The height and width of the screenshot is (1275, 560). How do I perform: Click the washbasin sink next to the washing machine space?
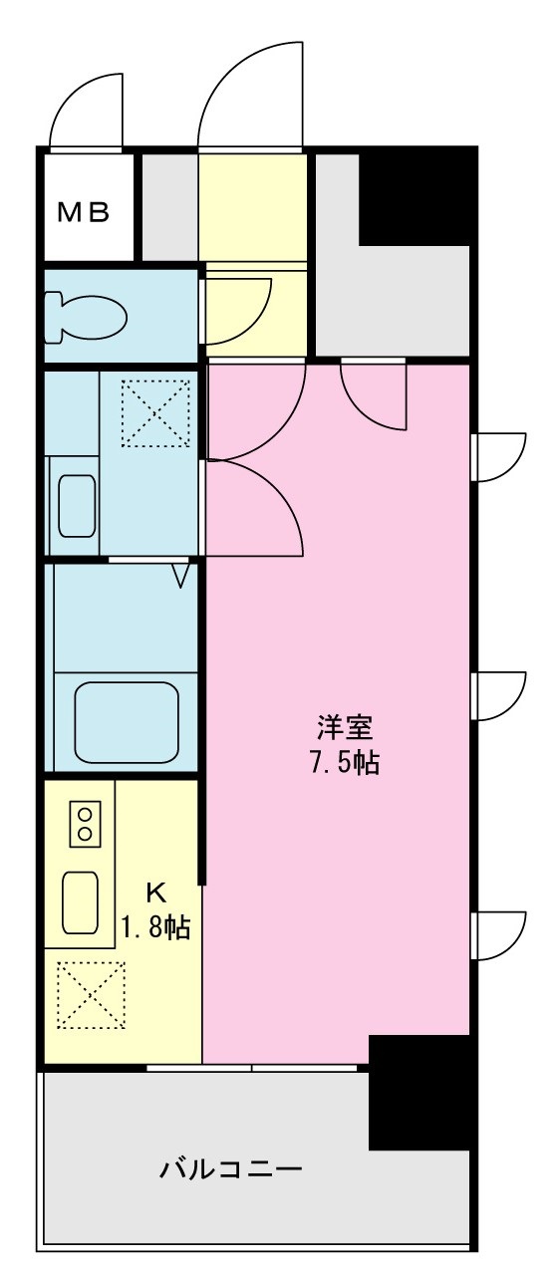click(x=77, y=505)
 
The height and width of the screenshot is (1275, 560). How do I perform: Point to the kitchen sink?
click(x=80, y=901)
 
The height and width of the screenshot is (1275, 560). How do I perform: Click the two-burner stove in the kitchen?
click(x=85, y=823)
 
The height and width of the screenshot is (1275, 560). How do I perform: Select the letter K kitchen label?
click(x=156, y=890)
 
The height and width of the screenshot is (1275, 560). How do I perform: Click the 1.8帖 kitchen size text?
click(x=156, y=928)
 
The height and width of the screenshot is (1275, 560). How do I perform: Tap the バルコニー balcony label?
click(x=231, y=1167)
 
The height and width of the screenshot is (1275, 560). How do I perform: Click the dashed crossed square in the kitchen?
click(x=93, y=994)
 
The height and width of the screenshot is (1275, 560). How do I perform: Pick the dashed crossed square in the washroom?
click(x=155, y=412)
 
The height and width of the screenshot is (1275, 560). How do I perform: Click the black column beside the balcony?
click(x=419, y=1091)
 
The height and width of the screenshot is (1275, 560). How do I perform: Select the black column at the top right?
click(x=415, y=195)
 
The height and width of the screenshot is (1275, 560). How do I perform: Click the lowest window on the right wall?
click(x=499, y=934)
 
